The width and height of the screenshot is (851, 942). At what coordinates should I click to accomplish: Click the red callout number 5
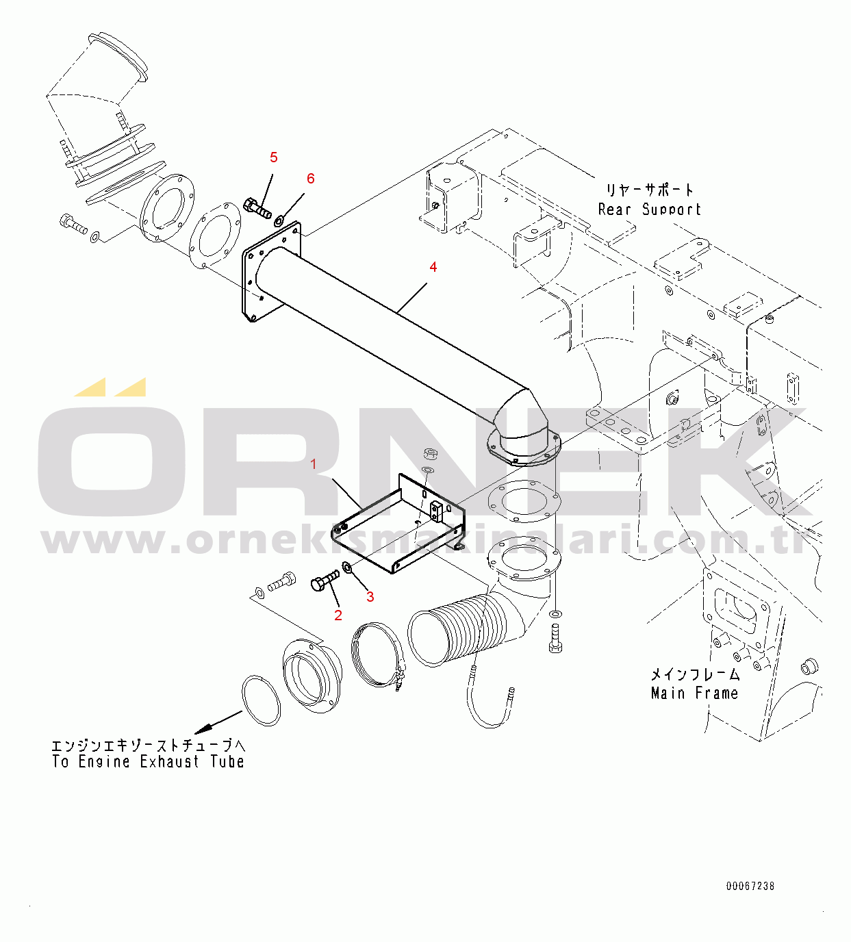pos(274,157)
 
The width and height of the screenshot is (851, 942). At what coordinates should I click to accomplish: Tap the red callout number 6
pos(310,179)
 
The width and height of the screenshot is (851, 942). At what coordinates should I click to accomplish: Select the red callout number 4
pos(433,267)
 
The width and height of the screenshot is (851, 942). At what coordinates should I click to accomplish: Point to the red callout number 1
pos(314,464)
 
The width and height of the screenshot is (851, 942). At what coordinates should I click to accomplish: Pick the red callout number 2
pos(338,615)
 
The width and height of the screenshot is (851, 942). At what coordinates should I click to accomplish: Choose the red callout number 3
pos(370,597)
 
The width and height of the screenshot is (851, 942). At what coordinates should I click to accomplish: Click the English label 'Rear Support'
pos(650,209)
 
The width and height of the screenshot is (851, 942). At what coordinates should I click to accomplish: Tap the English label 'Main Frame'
pos(695,693)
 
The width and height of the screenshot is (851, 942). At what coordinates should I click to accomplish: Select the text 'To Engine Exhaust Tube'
pos(148,762)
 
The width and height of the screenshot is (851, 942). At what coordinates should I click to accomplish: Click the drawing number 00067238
pos(750,886)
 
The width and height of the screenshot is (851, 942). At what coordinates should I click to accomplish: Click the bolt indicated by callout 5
pos(257,209)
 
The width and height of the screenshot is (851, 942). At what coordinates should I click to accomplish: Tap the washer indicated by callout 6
pos(279,220)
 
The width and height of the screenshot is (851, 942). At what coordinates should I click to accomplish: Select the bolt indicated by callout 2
pos(325,581)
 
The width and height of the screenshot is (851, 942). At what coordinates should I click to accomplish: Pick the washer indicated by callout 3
pos(348,568)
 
